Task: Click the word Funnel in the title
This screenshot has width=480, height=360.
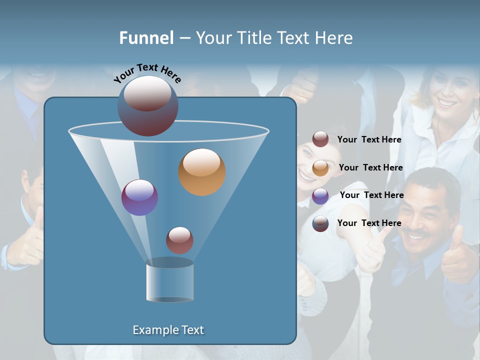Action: [x=146, y=38]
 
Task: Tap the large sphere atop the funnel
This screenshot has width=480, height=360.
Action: [x=148, y=105]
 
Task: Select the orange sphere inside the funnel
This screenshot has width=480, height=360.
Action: [x=202, y=171]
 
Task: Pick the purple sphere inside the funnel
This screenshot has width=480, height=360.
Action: [x=139, y=197]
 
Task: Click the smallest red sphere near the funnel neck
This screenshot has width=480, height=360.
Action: [x=179, y=240]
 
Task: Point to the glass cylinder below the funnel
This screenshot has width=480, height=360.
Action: [x=169, y=280]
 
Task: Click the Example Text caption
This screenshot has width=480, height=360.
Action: [x=168, y=330]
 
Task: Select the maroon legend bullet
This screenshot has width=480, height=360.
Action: [x=320, y=139]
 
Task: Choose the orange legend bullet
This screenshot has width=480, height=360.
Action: [x=320, y=168]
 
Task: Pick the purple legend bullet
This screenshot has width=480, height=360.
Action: [x=320, y=196]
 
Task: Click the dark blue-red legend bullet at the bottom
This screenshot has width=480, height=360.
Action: [x=320, y=223]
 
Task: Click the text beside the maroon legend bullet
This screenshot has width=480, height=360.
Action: [x=369, y=139]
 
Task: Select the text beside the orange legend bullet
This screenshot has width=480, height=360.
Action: [x=370, y=167]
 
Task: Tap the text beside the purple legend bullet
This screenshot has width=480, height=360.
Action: [x=371, y=195]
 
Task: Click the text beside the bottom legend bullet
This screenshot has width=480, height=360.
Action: [x=369, y=223]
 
